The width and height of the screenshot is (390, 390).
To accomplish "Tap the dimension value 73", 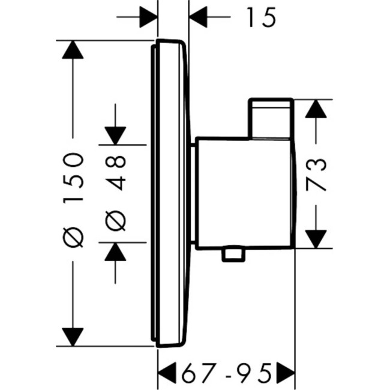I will [316, 174].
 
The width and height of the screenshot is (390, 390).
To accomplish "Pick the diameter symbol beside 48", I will [116, 222].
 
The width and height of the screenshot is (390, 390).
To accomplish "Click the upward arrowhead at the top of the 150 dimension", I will [73, 50].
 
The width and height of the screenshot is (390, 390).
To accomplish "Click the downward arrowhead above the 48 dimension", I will [115, 136].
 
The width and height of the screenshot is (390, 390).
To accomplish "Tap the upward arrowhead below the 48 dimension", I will [115, 252].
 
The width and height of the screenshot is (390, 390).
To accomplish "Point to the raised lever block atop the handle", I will [272, 118].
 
